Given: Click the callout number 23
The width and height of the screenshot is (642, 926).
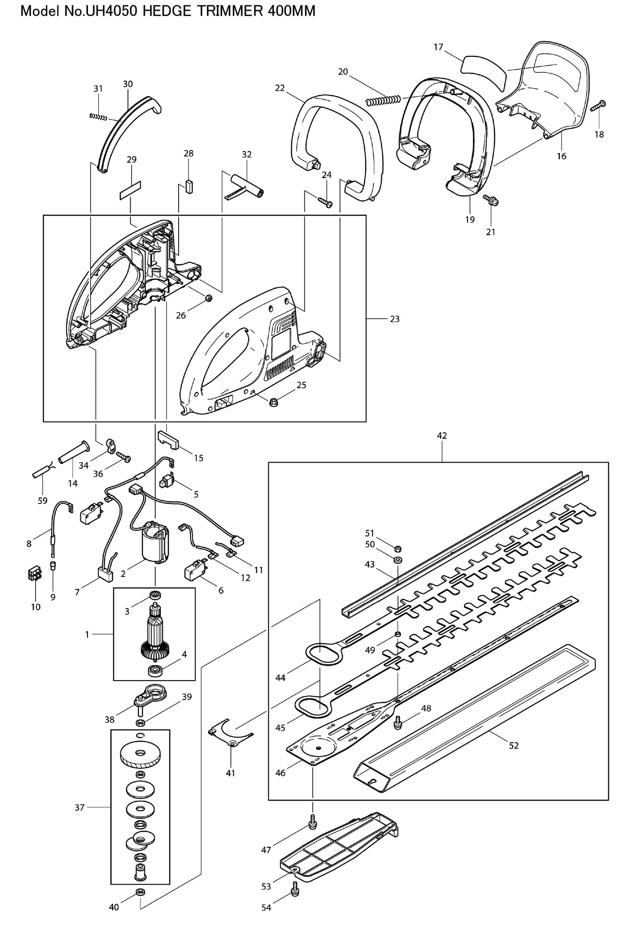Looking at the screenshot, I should point(395,319).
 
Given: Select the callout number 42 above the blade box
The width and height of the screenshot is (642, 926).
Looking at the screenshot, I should point(442,436).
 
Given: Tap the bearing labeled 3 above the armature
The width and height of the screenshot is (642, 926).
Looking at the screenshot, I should point(155,595).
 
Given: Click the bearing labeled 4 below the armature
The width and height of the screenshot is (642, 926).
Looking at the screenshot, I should point(155,670).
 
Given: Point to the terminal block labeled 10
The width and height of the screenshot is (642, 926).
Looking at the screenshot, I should point(35,576).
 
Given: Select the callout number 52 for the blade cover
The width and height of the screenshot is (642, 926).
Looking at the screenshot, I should point(514,746).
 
